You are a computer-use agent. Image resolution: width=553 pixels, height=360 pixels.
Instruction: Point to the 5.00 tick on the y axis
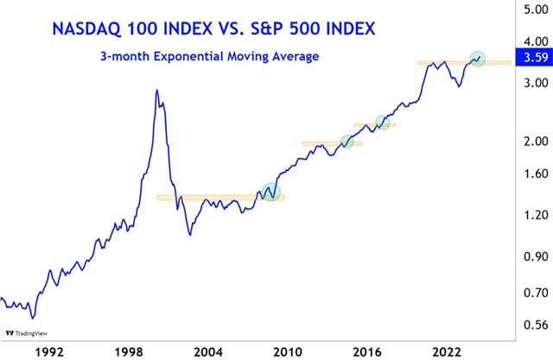click(x=530, y=10)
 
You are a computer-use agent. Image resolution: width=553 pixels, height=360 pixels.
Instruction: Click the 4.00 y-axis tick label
click(x=530, y=41)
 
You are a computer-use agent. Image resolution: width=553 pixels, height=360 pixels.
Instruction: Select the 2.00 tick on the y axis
click(x=530, y=142)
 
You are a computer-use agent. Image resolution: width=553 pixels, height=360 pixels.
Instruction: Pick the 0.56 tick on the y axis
click(x=530, y=325)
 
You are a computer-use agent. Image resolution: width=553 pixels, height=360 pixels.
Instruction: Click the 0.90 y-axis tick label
click(x=530, y=256)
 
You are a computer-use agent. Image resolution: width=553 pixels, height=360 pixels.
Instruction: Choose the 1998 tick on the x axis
click(x=129, y=351)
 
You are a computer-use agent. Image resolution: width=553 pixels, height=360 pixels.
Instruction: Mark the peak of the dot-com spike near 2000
click(x=156, y=90)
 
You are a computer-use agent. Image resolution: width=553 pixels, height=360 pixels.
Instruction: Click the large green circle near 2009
click(x=271, y=193)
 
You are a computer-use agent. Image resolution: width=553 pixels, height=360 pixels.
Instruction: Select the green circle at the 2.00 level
click(x=347, y=142)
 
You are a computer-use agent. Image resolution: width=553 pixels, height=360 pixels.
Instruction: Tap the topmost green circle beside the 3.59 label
click(x=478, y=59)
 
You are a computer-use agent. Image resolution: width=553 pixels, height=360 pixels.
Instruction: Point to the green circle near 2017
click(x=383, y=122)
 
